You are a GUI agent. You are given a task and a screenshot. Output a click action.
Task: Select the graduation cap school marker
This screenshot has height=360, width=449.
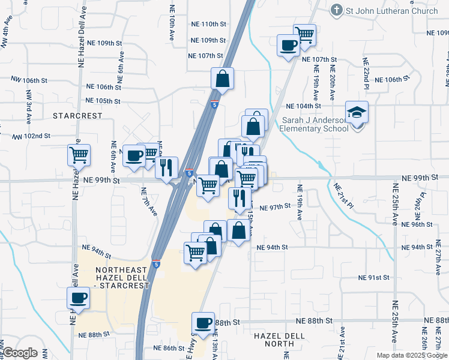tap(357, 112)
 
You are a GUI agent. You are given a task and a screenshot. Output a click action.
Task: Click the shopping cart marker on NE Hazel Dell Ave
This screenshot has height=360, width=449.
tap(79, 155)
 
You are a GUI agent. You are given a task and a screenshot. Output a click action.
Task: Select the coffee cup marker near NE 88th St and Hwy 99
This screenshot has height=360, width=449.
tap(203, 323)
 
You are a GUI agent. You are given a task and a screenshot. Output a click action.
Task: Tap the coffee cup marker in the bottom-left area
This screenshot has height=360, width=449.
tap(78, 298)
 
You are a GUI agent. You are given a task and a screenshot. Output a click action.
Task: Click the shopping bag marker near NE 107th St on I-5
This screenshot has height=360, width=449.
tap(222, 79)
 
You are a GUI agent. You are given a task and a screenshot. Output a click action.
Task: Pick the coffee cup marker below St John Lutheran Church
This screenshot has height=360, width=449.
tap(289, 44)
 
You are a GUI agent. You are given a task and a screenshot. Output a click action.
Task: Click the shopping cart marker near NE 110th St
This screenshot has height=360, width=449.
tap(305, 34)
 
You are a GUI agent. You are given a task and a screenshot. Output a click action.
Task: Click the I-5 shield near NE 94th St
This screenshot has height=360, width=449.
tap(156, 263)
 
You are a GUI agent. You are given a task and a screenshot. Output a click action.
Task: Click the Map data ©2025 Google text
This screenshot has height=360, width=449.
tap(411, 355)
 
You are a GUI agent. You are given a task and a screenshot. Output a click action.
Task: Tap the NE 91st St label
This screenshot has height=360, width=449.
tap(373, 278)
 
